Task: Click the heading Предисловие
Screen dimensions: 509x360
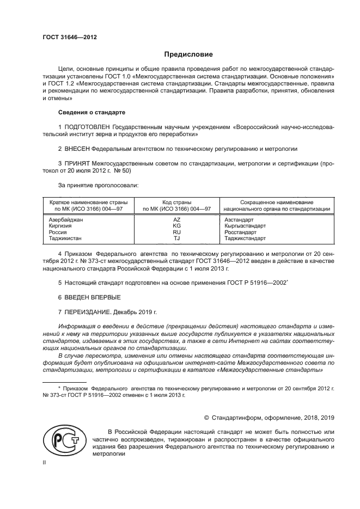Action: coord(189,54)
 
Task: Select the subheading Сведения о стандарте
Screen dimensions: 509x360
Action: coord(91,112)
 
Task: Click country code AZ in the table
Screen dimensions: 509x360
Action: coord(176,220)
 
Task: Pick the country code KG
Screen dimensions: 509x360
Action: coord(176,226)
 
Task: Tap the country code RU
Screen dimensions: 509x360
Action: coord(176,232)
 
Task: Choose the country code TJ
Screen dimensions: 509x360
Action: coord(176,238)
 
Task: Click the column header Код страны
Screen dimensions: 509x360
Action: coord(176,202)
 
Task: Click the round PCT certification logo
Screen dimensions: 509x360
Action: coord(63,441)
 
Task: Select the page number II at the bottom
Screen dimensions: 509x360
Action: coord(45,462)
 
